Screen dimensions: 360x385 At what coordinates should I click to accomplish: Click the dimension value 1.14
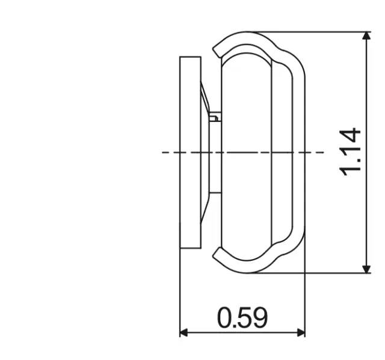tap(350, 151)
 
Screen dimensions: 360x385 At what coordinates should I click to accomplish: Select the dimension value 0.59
tap(242, 317)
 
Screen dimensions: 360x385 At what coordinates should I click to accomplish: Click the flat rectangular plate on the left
tap(190, 152)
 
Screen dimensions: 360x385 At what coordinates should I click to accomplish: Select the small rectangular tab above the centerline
tap(214, 117)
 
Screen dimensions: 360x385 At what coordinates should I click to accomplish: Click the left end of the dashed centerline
tap(164, 152)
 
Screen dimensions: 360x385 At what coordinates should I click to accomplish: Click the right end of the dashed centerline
tap(322, 152)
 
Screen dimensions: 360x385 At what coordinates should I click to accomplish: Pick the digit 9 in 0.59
tap(259, 317)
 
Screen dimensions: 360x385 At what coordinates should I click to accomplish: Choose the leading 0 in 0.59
tap(226, 317)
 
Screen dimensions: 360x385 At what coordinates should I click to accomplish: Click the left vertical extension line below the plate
tap(180, 288)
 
